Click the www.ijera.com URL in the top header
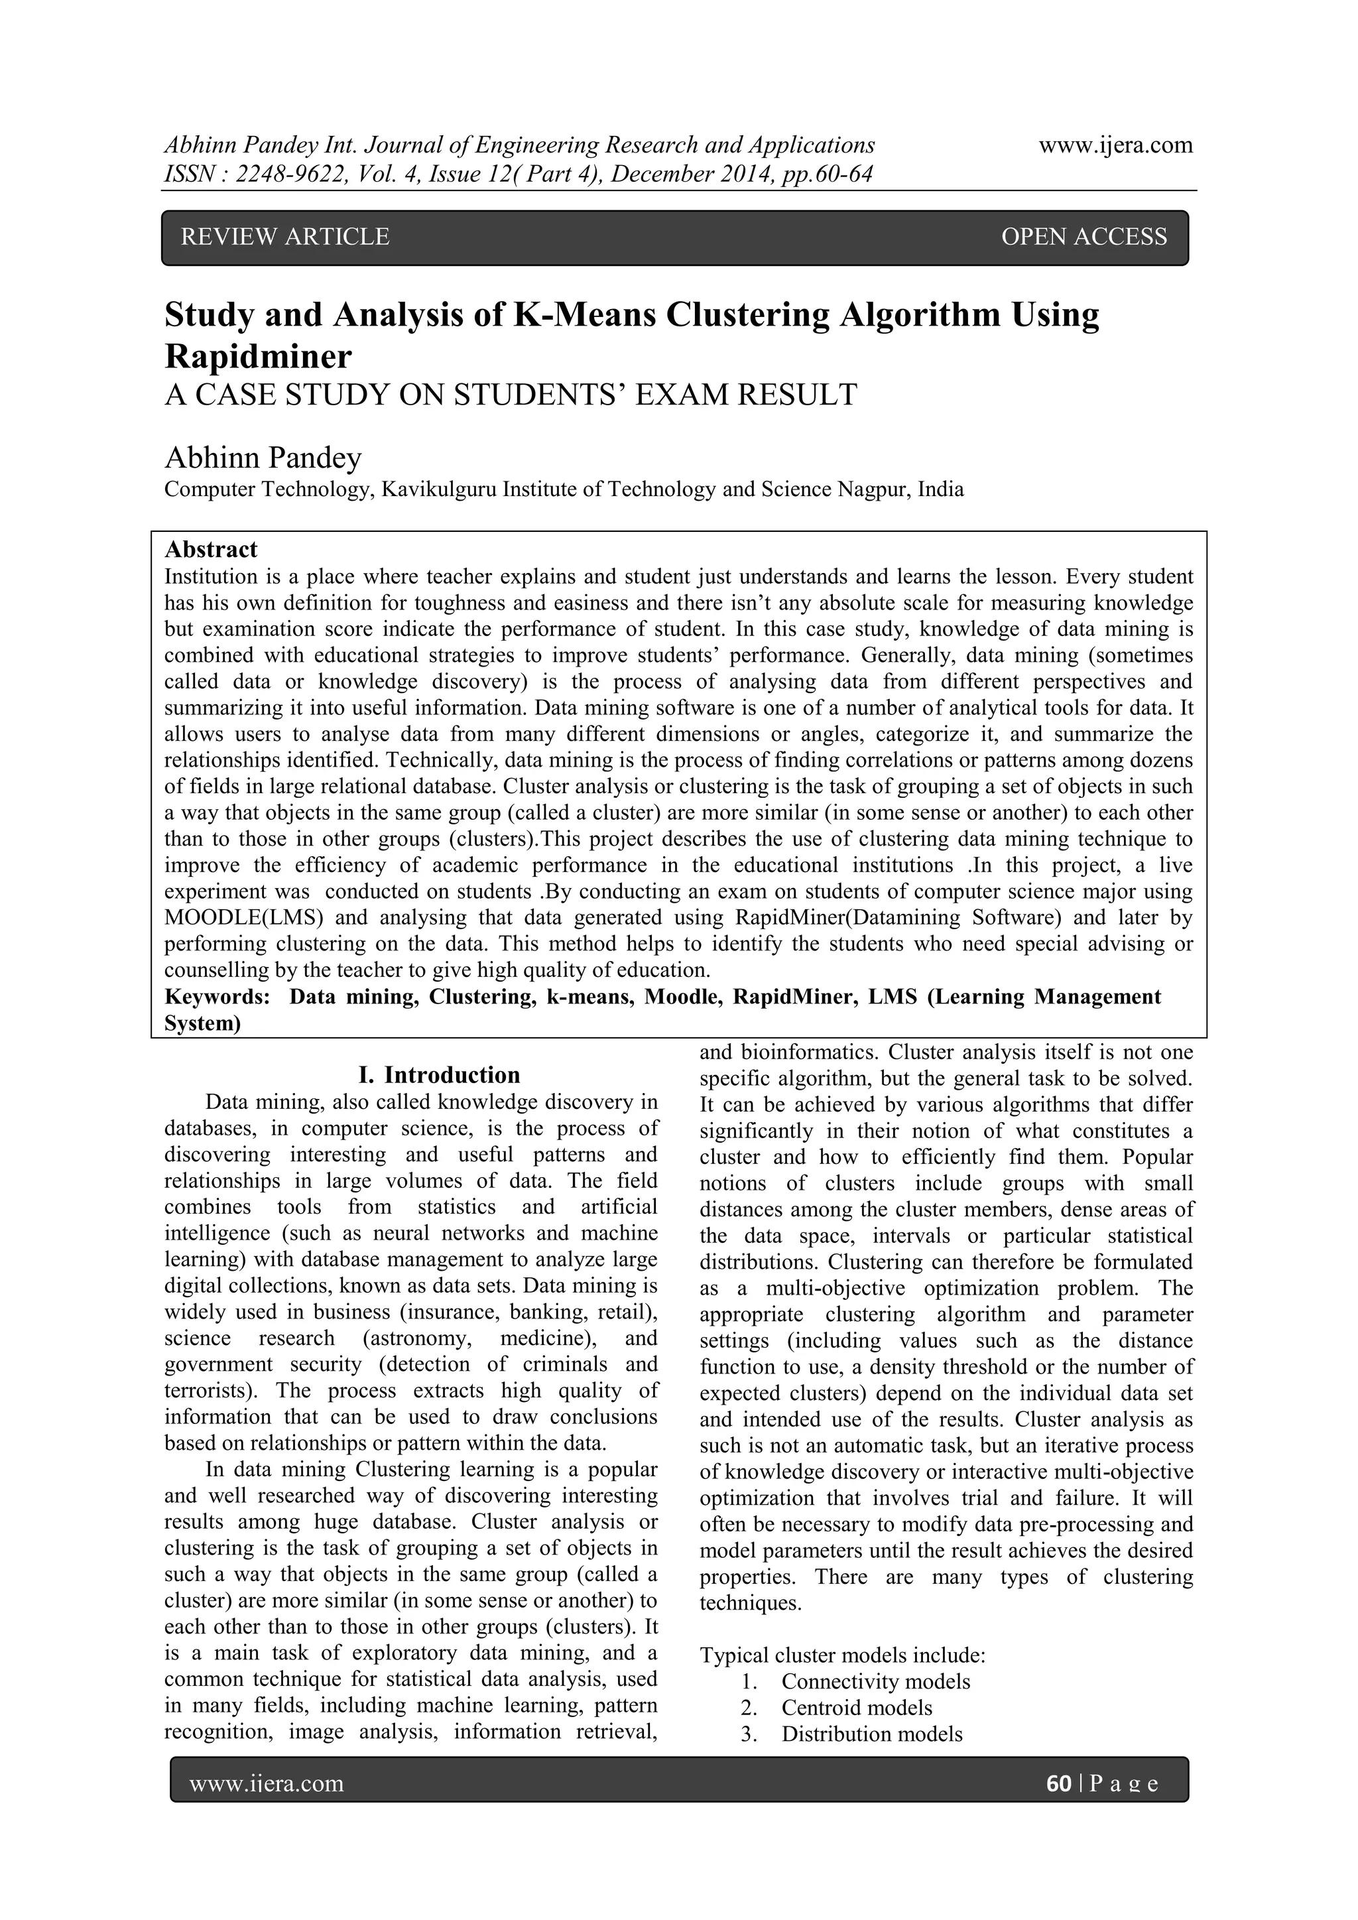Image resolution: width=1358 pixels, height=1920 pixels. [1115, 145]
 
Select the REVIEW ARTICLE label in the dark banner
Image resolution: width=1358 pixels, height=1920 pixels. [285, 237]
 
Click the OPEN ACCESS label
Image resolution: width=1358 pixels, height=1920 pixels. [1083, 237]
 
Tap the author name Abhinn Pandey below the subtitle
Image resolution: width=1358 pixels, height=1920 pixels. [263, 458]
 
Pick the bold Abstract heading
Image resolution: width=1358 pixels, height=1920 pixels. [211, 549]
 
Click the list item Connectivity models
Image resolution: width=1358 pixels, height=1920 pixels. [875, 1682]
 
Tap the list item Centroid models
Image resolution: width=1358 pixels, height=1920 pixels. [856, 1708]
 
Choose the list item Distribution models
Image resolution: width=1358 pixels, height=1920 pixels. [871, 1734]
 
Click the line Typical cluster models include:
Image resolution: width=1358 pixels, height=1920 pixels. [842, 1656]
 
